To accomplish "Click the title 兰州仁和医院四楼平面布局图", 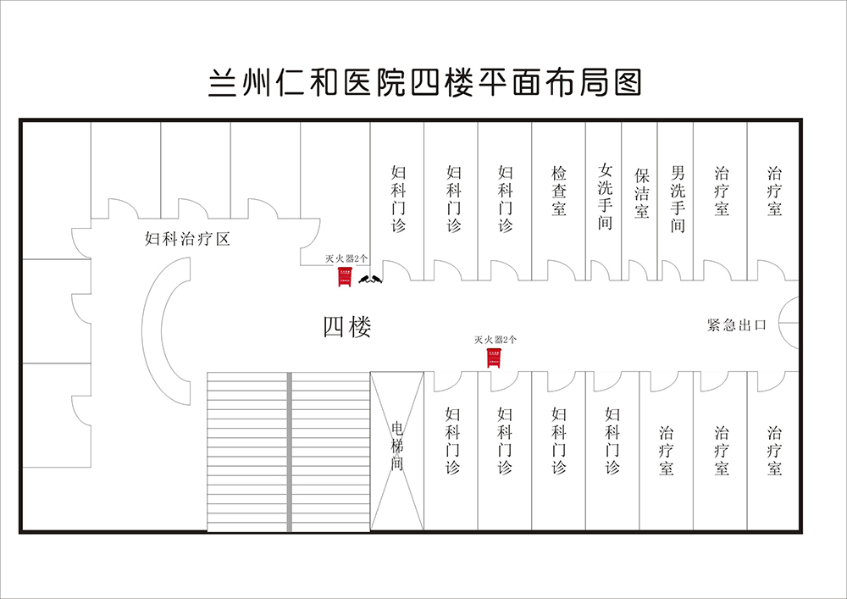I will (423, 84).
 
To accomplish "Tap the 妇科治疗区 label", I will (187, 239).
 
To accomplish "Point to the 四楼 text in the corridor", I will (347, 326).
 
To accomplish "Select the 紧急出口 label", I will (736, 324).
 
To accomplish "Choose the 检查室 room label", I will (559, 191).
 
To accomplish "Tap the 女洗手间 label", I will (604, 197).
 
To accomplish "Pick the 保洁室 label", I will (641, 194).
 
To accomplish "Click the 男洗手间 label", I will (678, 197).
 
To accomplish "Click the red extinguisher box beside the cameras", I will (345, 277).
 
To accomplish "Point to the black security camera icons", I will (370, 278).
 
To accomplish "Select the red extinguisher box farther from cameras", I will (493, 358).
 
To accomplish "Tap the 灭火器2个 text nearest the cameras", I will (346, 258).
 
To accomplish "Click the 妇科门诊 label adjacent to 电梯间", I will (452, 440).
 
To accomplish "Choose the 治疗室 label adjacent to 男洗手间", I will (722, 191).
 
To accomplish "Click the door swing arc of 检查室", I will (561, 270).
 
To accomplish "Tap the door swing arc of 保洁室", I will (639, 270).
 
